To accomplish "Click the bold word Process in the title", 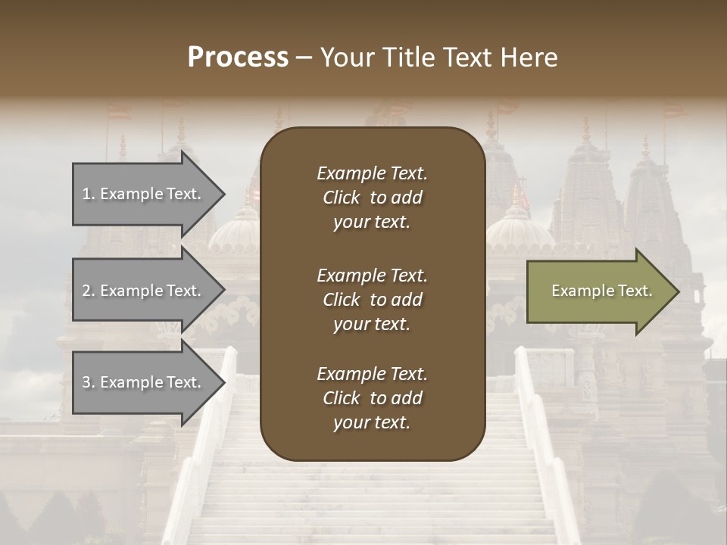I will [238, 58].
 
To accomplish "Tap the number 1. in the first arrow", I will [89, 194].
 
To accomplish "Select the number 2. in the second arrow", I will [89, 291].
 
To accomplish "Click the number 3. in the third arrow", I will [89, 382].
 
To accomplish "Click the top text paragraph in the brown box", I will [372, 198].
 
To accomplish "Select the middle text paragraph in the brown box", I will [372, 300].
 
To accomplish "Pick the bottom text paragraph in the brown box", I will [372, 398].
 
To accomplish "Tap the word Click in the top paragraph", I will [342, 198].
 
